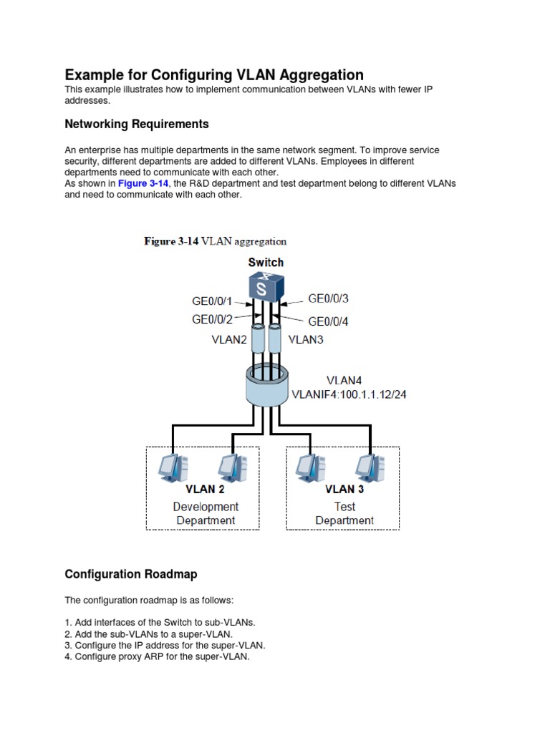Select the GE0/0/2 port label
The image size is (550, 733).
(x=212, y=320)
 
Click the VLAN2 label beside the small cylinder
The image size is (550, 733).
(x=228, y=340)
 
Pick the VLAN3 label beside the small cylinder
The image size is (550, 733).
(x=306, y=339)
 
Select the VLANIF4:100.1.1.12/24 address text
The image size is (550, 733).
(x=349, y=394)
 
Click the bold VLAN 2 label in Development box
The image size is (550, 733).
(x=206, y=490)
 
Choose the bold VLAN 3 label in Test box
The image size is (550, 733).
(x=344, y=490)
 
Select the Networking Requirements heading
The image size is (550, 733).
(x=137, y=125)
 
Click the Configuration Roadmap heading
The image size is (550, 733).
(x=131, y=574)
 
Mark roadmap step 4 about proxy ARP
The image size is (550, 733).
(x=158, y=656)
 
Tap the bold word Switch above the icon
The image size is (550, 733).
(x=266, y=262)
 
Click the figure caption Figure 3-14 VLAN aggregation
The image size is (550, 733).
(x=215, y=241)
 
